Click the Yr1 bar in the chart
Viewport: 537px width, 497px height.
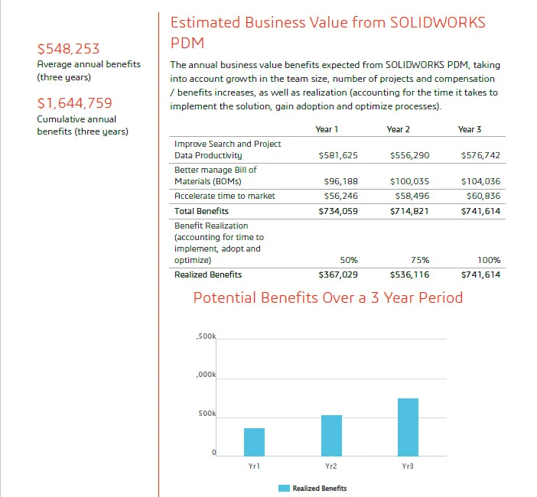click(254, 441)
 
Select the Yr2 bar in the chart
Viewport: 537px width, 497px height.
click(331, 435)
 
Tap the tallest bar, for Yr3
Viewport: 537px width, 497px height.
click(408, 427)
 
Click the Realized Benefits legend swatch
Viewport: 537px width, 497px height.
click(284, 488)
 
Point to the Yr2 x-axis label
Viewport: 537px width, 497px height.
click(331, 465)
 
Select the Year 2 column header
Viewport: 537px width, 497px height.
click(398, 130)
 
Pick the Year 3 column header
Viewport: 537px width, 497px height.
click(469, 130)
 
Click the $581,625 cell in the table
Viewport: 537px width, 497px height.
click(338, 155)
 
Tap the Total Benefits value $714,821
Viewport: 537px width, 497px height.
click(409, 211)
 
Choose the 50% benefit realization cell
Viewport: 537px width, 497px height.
click(349, 261)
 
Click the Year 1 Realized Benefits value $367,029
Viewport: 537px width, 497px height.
click(338, 274)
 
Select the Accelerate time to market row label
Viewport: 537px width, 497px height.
click(224, 196)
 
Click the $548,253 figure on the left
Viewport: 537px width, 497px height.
click(69, 50)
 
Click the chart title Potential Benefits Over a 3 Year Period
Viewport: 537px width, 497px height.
click(327, 297)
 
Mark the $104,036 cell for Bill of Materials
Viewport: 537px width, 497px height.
click(481, 182)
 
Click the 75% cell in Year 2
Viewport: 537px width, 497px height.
click(420, 261)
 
